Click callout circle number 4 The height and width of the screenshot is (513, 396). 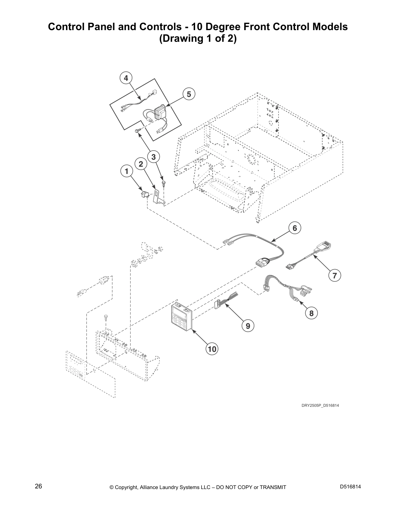tap(126, 78)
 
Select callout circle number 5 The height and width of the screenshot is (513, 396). tap(189, 94)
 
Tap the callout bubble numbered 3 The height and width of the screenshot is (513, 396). tap(153, 157)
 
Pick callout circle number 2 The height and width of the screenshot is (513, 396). tap(141, 164)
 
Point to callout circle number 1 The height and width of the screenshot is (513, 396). tap(126, 171)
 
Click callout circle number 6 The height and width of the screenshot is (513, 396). tap(295, 228)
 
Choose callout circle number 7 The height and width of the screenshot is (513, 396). tap(335, 276)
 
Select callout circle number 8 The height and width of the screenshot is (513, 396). tap(311, 313)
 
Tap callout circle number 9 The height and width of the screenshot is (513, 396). tap(248, 326)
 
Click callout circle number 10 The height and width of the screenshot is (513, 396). tap(212, 349)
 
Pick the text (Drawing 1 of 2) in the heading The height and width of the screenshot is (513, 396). tap(198, 39)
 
